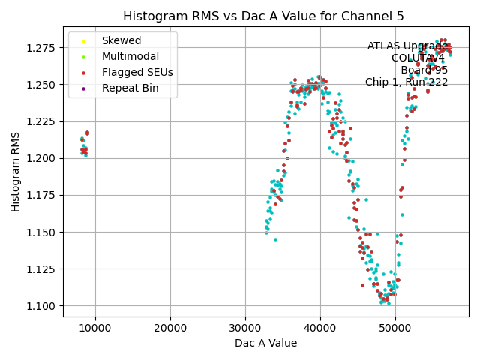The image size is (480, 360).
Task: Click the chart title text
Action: point(263,16)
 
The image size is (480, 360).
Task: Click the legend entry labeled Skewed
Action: point(121,40)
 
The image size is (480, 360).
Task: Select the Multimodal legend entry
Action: point(130,56)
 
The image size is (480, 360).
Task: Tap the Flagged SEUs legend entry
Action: point(136,72)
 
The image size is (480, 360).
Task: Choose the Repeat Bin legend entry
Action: point(128,88)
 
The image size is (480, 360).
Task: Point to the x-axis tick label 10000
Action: point(95,328)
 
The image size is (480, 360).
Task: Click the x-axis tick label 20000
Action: point(170,328)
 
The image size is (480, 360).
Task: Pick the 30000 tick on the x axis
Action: point(245,328)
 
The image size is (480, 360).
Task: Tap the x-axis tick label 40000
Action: point(320,328)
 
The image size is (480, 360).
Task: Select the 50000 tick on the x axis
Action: point(395,328)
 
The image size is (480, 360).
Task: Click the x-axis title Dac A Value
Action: point(266,343)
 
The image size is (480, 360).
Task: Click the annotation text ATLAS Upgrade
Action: point(407,46)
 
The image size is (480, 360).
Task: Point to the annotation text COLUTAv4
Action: point(418,58)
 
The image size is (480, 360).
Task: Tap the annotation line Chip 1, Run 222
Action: point(406,82)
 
